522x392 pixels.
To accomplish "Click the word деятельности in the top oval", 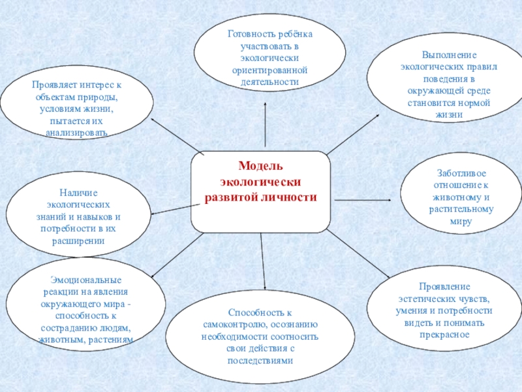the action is [265, 82].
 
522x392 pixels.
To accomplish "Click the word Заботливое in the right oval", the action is [461, 174].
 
